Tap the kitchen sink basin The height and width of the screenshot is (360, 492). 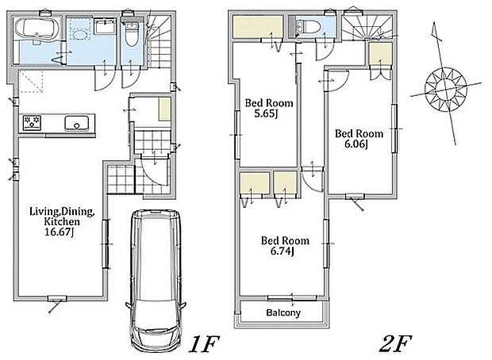coord(76,123)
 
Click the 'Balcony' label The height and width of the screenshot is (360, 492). coord(283,312)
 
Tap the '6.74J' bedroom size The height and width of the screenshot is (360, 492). coord(282,251)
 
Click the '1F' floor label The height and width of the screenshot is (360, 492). coord(204,344)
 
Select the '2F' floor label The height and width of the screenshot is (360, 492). coord(395,344)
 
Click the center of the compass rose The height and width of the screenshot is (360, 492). coord(445,89)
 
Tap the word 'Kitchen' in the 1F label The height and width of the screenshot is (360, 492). coord(62,222)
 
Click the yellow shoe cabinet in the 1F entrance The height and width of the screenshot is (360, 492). coord(164,109)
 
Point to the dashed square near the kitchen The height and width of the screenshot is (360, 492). coord(30,82)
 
